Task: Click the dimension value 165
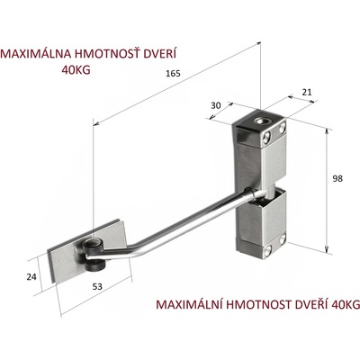tap(174, 73)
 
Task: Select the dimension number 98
tap(337, 178)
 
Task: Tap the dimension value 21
tap(307, 92)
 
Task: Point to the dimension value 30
tap(216, 105)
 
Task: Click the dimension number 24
tap(31, 276)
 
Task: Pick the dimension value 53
tap(97, 287)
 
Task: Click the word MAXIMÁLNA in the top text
tap(36, 53)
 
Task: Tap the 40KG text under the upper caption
tap(76, 70)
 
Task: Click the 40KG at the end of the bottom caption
tap(346, 304)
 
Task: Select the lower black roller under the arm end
tap(94, 265)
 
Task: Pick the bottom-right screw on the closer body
tap(283, 238)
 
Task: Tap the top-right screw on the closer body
tap(282, 129)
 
